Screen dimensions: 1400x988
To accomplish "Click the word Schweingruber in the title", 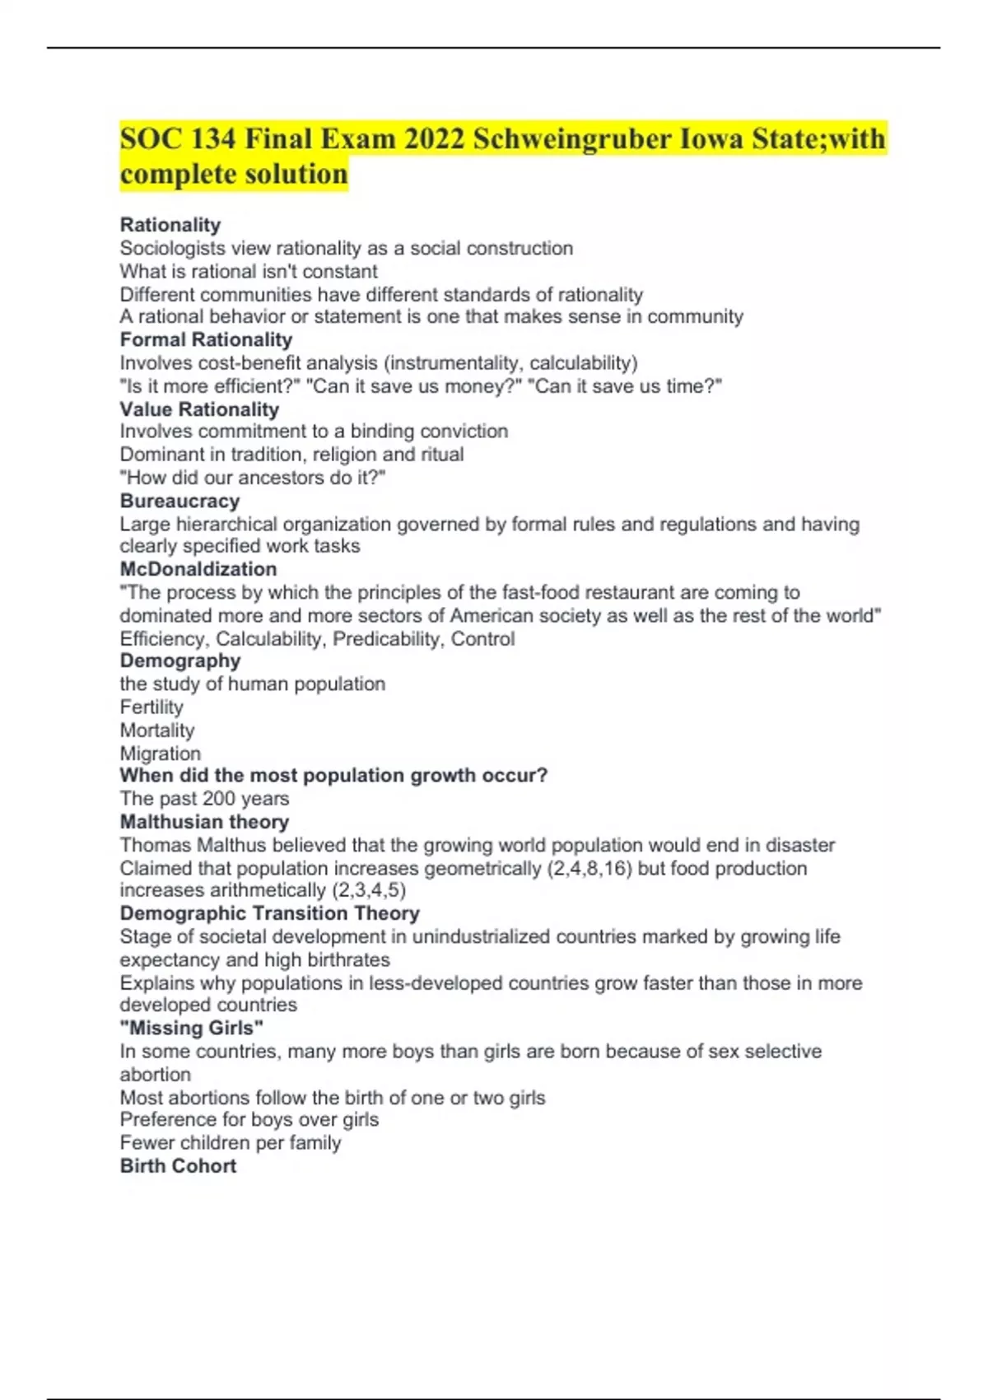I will pyautogui.click(x=571, y=138).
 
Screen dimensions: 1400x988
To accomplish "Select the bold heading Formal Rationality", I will pyautogui.click(x=206, y=339).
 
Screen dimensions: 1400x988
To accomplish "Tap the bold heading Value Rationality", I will pyautogui.click(x=199, y=409).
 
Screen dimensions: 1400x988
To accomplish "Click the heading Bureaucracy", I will pyautogui.click(x=179, y=501).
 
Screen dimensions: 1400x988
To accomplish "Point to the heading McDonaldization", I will pyautogui.click(x=198, y=569).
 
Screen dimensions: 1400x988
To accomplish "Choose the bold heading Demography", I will pyautogui.click(x=180, y=660).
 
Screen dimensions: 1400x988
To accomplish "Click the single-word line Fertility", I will pyautogui.click(x=151, y=707).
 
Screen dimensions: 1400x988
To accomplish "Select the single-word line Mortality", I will pyautogui.click(x=157, y=730).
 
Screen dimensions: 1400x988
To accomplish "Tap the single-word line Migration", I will pyautogui.click(x=161, y=754).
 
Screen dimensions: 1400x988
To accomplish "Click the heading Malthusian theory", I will pyautogui.click(x=204, y=822).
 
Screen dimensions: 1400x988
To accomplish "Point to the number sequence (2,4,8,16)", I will pyautogui.click(x=589, y=868).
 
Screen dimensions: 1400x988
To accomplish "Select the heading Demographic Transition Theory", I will pyautogui.click(x=269, y=913).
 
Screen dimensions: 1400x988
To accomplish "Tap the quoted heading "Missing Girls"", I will pyautogui.click(x=192, y=1028).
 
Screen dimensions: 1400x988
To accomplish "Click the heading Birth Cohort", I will pyautogui.click(x=178, y=1166).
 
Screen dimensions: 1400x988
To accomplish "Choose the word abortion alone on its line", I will pyautogui.click(x=155, y=1075).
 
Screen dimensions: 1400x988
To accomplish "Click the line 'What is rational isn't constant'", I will pyautogui.click(x=249, y=272).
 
